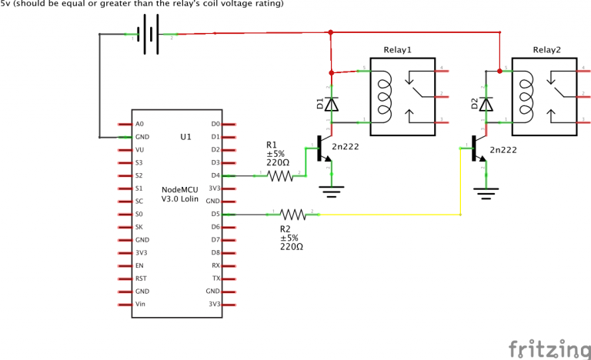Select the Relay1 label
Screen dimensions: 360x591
(398, 50)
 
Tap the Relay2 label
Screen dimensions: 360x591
(546, 50)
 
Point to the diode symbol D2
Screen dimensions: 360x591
(485, 103)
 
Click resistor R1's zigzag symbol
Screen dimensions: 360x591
(280, 175)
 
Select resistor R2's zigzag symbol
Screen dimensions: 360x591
(293, 215)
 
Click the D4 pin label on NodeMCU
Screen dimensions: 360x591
(215, 175)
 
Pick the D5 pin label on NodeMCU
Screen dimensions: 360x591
(215, 215)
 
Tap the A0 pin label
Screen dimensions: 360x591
(139, 124)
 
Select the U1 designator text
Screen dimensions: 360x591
(185, 137)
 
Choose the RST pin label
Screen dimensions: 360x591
(140, 278)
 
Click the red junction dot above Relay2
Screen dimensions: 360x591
(500, 72)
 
